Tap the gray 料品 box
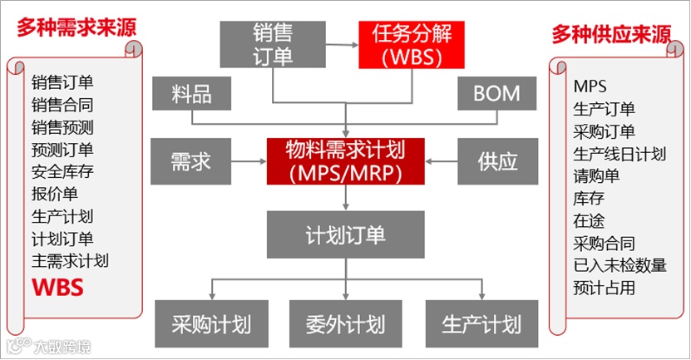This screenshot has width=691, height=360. tap(190, 93)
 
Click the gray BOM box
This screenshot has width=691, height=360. tap(496, 93)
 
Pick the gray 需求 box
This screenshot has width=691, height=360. tap(190, 160)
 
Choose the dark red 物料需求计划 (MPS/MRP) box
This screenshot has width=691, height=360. tap(345, 160)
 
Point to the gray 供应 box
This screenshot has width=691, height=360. tap(496, 160)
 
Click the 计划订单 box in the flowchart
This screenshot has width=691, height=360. tap(345, 234)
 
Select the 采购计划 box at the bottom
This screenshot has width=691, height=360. tap(211, 323)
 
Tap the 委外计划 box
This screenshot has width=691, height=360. tap(345, 323)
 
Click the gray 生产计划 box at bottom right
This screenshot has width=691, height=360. tap(481, 323)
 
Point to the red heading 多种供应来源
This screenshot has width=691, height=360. tap(611, 34)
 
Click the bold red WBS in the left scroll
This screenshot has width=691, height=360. tap(58, 288)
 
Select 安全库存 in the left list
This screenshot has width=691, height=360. tap(63, 172)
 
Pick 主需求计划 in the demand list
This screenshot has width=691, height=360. tap(71, 261)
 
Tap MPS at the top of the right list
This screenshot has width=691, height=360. tap(590, 86)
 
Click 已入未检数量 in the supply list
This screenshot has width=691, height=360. tap(619, 266)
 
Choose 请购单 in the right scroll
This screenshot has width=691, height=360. tap(596, 176)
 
